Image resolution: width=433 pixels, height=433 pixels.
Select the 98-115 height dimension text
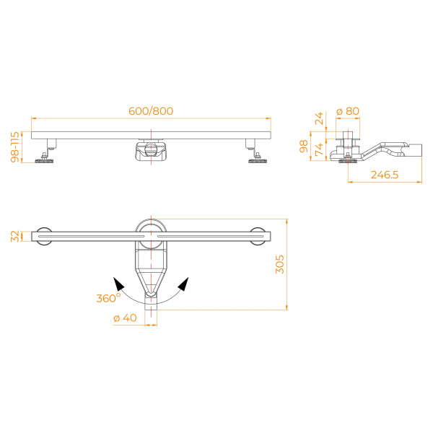pyautogui.click(x=14, y=147)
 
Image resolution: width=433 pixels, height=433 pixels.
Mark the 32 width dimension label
pyautogui.click(x=14, y=236)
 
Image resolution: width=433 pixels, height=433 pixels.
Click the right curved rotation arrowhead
pyautogui.click(x=183, y=283)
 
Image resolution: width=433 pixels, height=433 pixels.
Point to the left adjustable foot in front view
pyautogui.click(x=48, y=154)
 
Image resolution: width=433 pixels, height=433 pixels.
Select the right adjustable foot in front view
pyautogui.click(x=256, y=154)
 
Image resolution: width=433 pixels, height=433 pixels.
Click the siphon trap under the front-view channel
pyautogui.click(x=152, y=151)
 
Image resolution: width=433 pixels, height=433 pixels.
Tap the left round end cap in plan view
pyautogui.click(x=45, y=236)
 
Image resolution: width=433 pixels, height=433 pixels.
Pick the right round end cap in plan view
pyautogui.click(x=258, y=236)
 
